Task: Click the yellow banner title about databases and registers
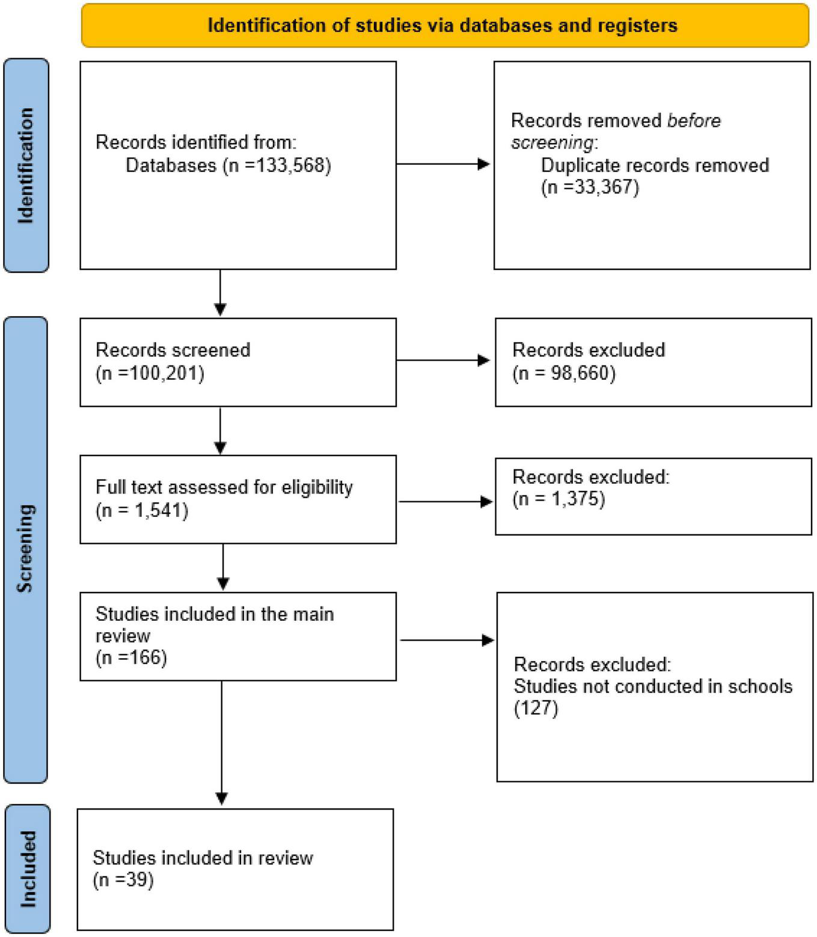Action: pos(442,25)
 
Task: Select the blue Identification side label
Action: pos(26,165)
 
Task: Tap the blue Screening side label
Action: pos(25,549)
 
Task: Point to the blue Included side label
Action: pos(28,868)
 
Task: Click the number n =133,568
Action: pos(277,165)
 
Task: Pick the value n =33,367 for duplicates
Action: pos(590,188)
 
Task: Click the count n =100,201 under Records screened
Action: pos(150,373)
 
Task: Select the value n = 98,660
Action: pos(564,373)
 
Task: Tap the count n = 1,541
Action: pos(142,510)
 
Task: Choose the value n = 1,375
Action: pos(558,499)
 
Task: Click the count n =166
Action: pos(131,658)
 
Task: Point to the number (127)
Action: pos(536,708)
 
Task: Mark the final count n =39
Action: pos(123,881)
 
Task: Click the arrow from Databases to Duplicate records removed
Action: pos(443,164)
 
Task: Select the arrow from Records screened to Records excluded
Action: pos(443,361)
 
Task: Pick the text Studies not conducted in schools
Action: pos(653,686)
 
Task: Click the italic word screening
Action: pos(551,142)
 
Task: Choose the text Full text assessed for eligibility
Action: pos(224,487)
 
